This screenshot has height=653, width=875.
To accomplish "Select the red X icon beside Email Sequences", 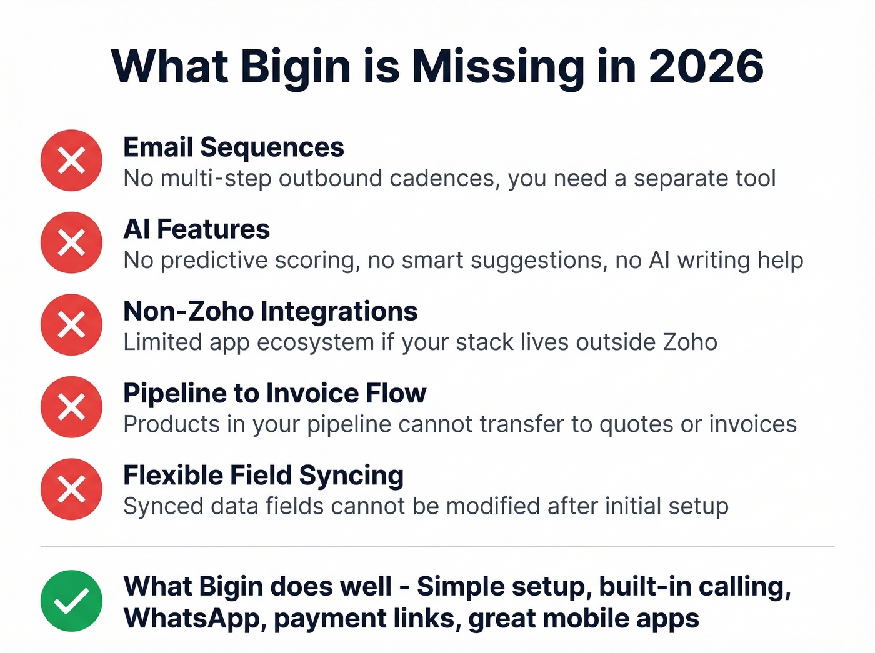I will point(71,161).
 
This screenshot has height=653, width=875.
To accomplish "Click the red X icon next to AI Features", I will point(71,242).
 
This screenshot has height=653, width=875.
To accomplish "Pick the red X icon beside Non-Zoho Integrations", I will point(71,325).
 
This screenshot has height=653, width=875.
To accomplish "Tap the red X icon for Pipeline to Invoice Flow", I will point(71,407).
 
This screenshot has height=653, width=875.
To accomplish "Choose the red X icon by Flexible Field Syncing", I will point(71,489).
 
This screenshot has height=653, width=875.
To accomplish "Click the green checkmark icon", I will point(71,601).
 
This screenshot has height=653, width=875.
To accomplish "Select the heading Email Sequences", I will point(234,147).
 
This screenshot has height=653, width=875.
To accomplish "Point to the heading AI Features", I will point(196,229).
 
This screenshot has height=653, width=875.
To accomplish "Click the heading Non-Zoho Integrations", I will point(270,311).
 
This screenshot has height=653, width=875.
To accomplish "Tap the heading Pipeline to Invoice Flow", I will point(274,393).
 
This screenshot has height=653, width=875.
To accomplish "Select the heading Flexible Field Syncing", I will point(263,476).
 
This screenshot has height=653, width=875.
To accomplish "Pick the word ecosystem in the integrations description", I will point(316,342).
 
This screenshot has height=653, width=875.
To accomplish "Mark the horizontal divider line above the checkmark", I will point(437,547).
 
